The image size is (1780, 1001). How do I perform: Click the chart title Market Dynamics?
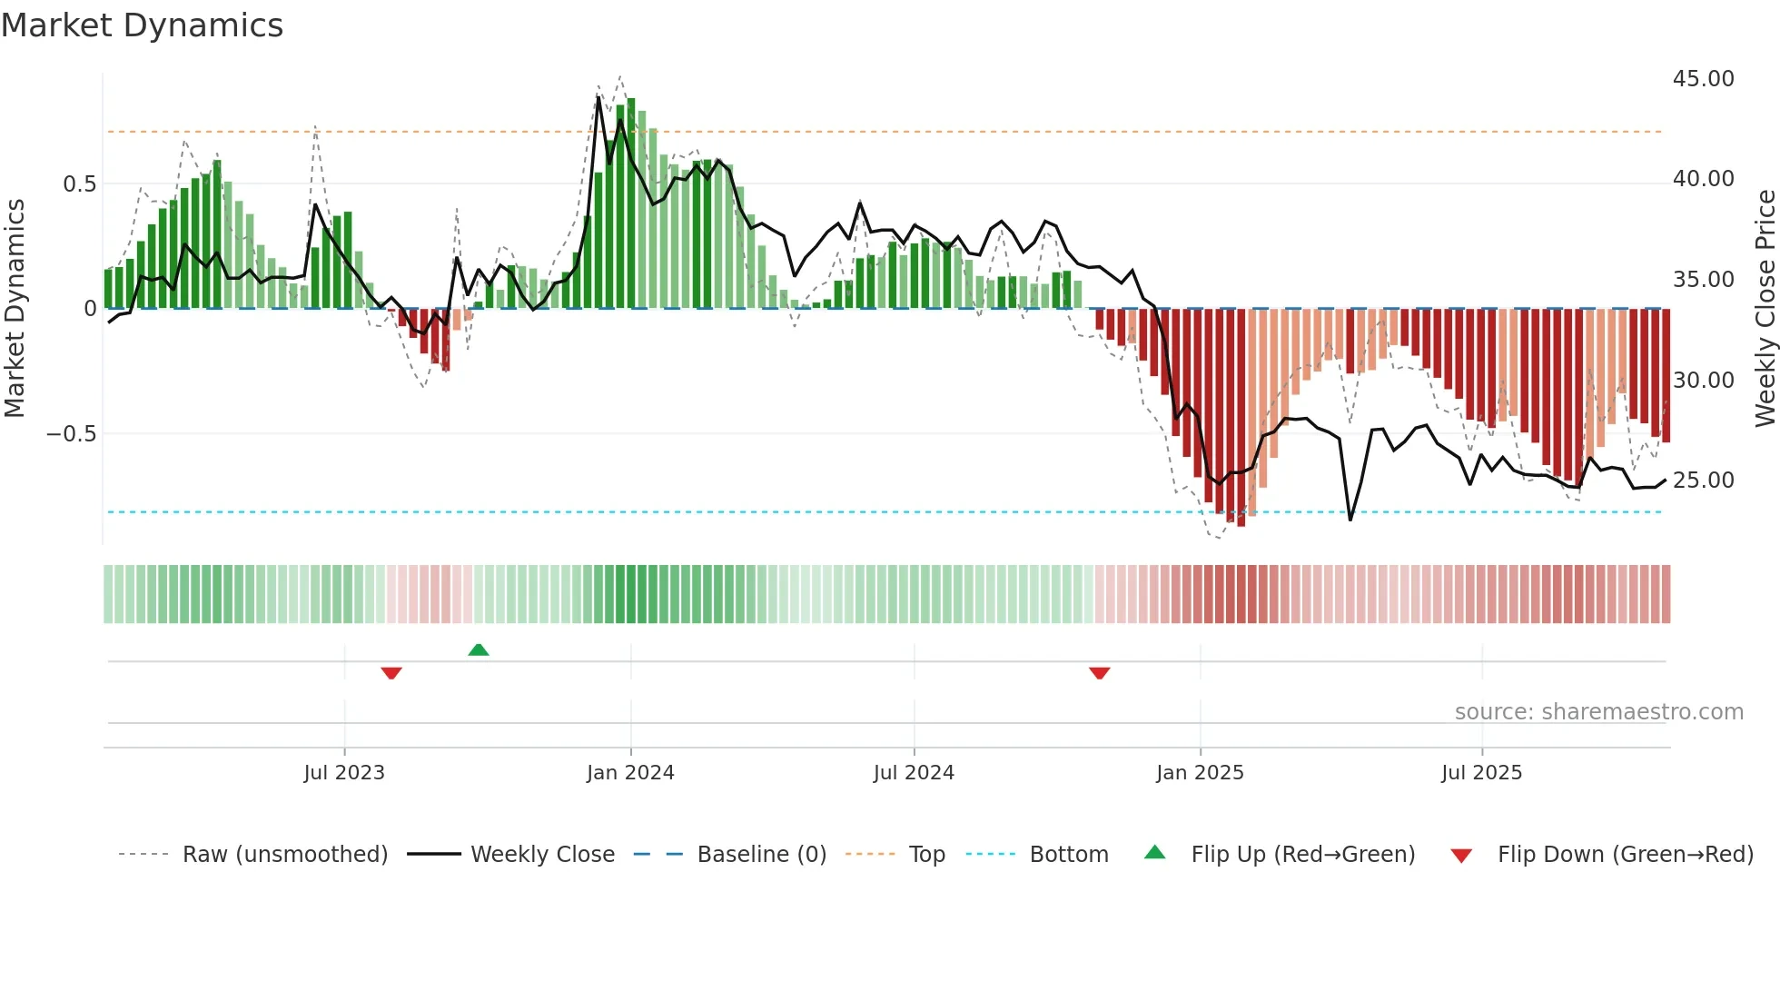pyautogui.click(x=142, y=25)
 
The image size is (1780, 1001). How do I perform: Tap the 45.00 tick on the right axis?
pyautogui.click(x=1703, y=79)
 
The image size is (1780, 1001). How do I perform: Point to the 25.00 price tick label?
pyautogui.click(x=1703, y=481)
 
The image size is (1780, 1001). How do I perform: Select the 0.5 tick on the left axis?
pyautogui.click(x=79, y=184)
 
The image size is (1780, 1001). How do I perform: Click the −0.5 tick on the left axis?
pyautogui.click(x=71, y=434)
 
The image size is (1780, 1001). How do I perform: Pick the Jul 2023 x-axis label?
pyautogui.click(x=344, y=773)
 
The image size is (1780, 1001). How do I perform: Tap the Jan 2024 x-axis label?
pyautogui.click(x=630, y=773)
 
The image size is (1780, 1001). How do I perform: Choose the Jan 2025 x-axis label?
pyautogui.click(x=1200, y=773)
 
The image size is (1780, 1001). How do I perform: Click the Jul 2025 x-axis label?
pyautogui.click(x=1481, y=773)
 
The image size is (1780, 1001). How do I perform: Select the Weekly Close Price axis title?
pyautogui.click(x=1765, y=309)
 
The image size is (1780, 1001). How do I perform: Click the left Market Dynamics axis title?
pyautogui.click(x=15, y=309)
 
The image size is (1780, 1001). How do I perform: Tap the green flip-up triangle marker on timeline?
pyautogui.click(x=479, y=649)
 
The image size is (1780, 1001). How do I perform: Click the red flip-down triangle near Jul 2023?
pyautogui.click(x=391, y=673)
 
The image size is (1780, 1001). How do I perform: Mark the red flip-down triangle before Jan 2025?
pyautogui.click(x=1099, y=673)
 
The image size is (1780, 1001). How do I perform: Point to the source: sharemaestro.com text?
pyautogui.click(x=1598, y=712)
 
